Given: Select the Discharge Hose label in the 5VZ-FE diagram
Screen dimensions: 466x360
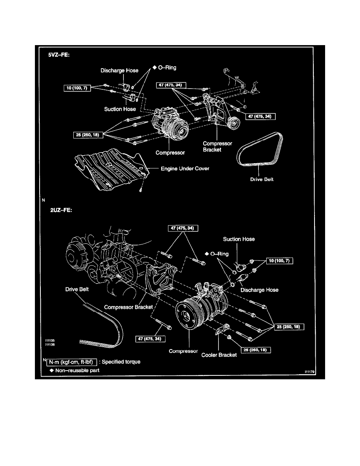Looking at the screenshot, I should tap(120, 71).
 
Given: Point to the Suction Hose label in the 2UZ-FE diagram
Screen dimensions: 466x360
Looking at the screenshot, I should tap(239, 239).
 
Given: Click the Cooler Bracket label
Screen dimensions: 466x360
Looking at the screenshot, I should tap(219, 355).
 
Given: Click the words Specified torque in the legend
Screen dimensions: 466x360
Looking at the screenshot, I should tap(121, 362).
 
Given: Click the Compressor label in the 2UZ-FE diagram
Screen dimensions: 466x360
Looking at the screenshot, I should tap(183, 351).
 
